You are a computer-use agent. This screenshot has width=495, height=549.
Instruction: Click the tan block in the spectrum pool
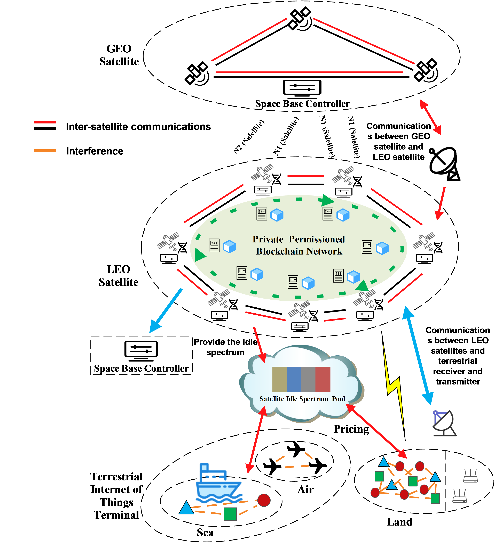(279, 379)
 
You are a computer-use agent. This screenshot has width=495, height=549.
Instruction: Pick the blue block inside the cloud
(294, 379)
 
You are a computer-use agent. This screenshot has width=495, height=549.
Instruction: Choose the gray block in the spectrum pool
(308, 379)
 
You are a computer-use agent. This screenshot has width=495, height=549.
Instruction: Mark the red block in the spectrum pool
(323, 379)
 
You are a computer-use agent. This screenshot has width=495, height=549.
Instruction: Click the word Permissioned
(317, 239)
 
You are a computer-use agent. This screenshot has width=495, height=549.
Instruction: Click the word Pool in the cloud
(338, 399)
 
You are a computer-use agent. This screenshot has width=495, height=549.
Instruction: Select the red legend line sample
(45, 122)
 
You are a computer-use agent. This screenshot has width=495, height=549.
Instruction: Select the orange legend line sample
(45, 151)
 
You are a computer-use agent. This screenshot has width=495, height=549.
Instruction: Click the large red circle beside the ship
(264, 500)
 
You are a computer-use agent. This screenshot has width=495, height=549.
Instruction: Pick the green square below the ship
(230, 514)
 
